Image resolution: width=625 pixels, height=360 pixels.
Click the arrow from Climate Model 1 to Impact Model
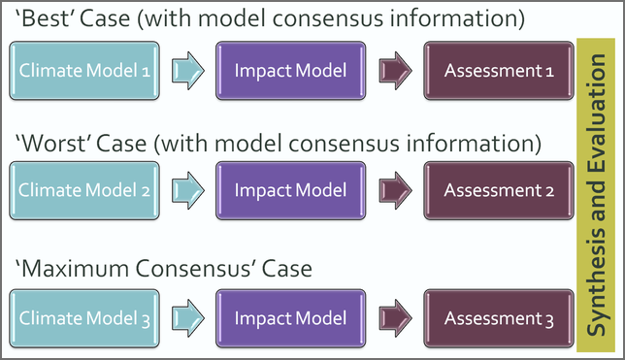pos(186,70)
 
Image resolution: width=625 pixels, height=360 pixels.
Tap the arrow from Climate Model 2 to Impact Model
pos(186,190)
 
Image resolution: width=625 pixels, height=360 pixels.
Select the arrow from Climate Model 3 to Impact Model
pos(186,317)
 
